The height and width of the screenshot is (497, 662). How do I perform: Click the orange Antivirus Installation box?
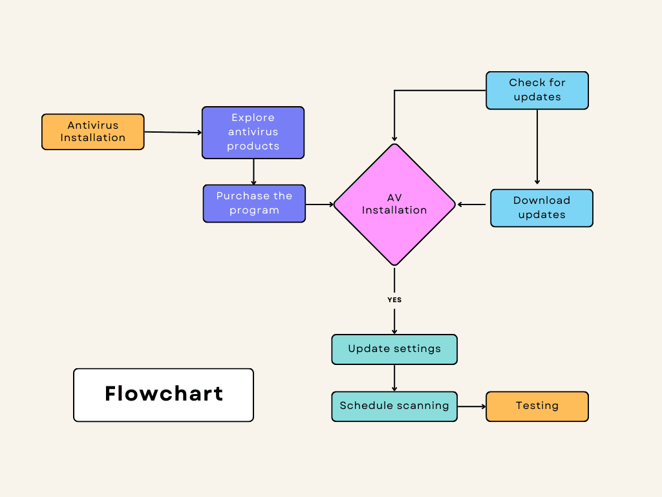(92, 132)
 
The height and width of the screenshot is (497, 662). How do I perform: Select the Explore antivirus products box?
(253, 133)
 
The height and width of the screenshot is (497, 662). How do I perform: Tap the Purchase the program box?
(254, 203)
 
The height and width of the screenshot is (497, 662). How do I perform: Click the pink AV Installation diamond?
(394, 204)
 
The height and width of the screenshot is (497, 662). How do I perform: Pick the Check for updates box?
(537, 90)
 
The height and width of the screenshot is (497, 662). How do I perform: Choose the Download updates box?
(541, 208)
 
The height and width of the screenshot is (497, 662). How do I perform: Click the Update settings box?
(394, 349)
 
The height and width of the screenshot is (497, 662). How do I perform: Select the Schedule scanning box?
(394, 406)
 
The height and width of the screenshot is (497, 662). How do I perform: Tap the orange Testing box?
(537, 406)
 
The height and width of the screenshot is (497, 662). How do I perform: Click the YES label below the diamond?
(394, 300)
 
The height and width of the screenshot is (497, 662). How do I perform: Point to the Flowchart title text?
(164, 394)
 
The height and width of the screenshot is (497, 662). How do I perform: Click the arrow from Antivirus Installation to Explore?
(173, 132)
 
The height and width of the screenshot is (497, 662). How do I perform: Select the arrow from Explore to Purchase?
(253, 171)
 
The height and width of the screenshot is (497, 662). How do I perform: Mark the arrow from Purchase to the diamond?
(319, 204)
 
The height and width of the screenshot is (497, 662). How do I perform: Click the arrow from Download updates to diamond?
(472, 204)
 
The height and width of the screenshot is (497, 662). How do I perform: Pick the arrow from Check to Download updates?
(537, 148)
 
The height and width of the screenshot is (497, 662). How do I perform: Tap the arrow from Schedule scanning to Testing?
(471, 406)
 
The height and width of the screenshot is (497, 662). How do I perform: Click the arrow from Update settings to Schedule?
(394, 378)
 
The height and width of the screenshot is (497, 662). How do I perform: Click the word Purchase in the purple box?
(236, 196)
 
